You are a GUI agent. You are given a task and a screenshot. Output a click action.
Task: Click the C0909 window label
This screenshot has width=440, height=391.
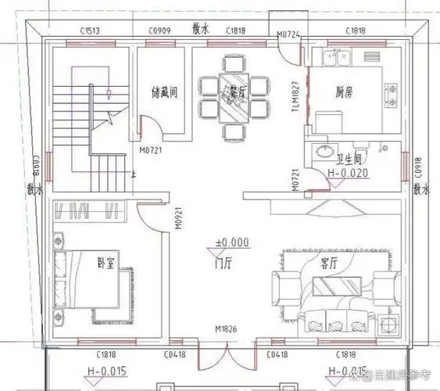(x=160, y=30)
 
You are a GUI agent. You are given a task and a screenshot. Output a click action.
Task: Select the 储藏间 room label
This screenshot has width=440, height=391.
(x=165, y=91)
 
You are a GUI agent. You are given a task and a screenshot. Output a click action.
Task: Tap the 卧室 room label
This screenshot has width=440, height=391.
(x=106, y=262)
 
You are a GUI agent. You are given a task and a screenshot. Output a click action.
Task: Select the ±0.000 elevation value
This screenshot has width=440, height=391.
(x=232, y=242)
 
